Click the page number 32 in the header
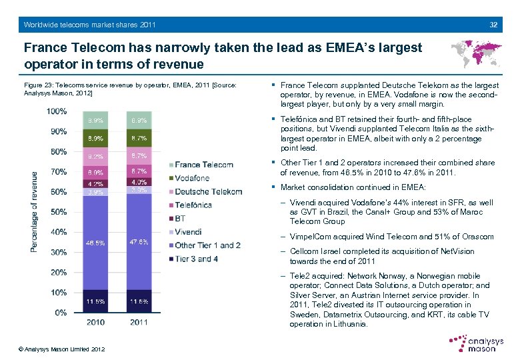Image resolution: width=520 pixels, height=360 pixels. point(493,25)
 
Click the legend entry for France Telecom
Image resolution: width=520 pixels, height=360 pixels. point(203,165)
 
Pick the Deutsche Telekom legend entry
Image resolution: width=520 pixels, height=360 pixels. point(207,191)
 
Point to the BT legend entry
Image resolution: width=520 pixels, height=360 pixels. point(180,218)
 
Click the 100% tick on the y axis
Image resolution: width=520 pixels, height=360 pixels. point(58,111)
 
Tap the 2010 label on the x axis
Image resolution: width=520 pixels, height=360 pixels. point(95,323)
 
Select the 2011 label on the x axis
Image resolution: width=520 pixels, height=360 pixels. point(139,323)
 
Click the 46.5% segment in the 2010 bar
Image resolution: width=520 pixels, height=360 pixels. point(95,243)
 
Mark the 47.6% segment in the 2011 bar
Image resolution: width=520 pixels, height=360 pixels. point(139,241)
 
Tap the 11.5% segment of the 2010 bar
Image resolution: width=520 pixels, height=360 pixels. point(95,301)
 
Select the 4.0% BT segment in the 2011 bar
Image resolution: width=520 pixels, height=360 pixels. point(139,182)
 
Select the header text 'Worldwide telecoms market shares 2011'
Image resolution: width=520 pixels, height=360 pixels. point(89,25)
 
